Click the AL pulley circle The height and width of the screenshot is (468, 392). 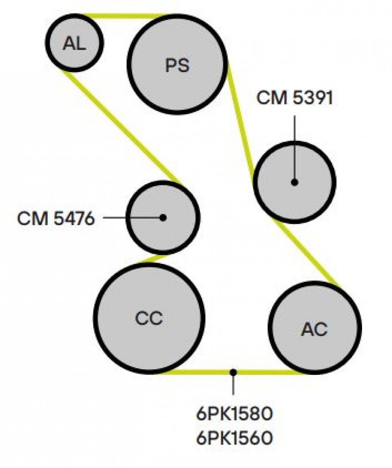(75, 43)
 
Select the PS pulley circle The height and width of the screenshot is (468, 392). (177, 64)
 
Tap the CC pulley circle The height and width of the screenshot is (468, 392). (149, 318)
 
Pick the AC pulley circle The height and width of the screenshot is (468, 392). (315, 328)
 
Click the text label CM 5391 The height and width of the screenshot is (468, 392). (294, 98)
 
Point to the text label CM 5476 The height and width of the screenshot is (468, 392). (56, 219)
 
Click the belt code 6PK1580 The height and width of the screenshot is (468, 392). (234, 414)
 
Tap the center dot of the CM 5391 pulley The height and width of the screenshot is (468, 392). (294, 182)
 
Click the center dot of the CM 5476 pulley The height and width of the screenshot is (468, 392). (163, 218)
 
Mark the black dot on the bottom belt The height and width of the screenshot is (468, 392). (233, 372)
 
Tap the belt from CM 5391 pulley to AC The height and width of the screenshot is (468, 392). (308, 253)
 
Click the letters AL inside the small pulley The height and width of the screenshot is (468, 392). (74, 44)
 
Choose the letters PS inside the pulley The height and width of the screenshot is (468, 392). (177, 65)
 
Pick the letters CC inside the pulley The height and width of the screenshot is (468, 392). (149, 318)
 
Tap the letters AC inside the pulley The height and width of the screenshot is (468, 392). (315, 329)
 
